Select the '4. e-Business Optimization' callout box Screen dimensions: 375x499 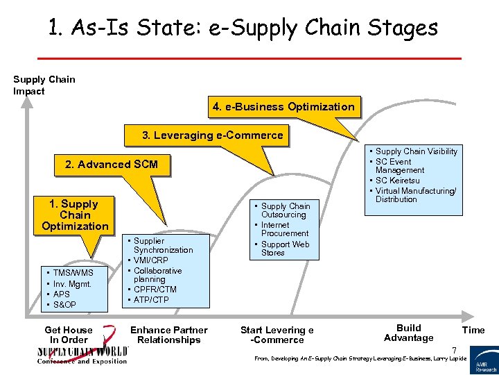(x=283, y=107)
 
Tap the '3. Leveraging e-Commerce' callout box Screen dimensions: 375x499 (x=212, y=135)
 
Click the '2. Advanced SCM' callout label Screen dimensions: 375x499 (x=111, y=165)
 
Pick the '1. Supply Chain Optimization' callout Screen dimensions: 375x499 (x=75, y=215)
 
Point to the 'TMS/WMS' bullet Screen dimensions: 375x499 (x=73, y=273)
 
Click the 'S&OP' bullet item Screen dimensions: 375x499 (x=64, y=305)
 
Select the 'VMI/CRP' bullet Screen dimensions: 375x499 (x=150, y=260)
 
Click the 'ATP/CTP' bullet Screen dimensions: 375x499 (x=152, y=300)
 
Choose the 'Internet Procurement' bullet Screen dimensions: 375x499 (x=284, y=229)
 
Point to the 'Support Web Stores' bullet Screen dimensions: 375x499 (x=285, y=249)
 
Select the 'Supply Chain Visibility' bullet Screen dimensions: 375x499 (x=416, y=151)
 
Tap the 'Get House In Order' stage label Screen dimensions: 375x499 (x=68, y=335)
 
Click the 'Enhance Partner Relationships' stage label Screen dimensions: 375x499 (x=169, y=335)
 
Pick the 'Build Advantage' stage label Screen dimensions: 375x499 (x=408, y=333)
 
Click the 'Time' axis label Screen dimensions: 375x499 (x=473, y=330)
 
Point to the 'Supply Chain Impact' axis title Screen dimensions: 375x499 (x=44, y=85)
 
